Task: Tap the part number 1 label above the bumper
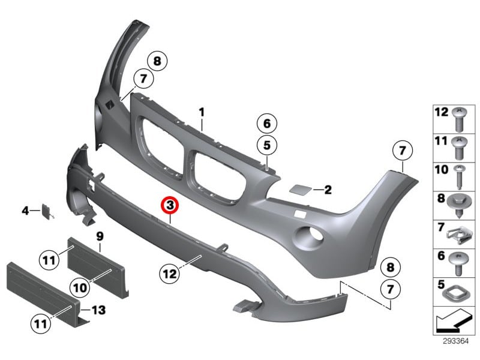[x=202, y=112]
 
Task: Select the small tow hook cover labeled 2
[x=298, y=190]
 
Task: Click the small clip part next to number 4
[x=46, y=211]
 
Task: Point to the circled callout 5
[x=266, y=145]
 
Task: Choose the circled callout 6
[x=266, y=124]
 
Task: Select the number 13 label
[x=98, y=310]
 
